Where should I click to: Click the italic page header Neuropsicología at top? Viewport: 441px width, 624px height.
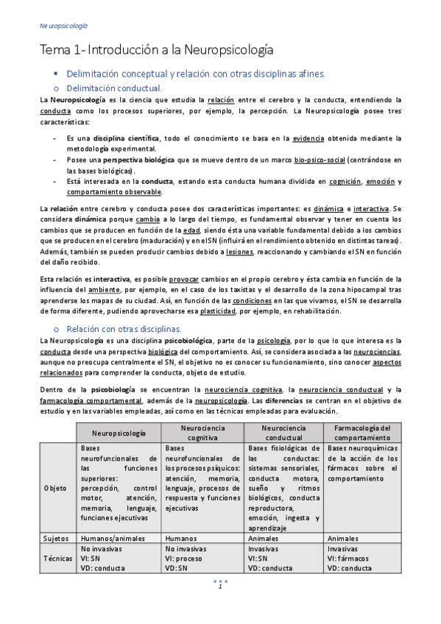pos(63,26)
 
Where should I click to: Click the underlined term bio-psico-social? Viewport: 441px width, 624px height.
pos(319,160)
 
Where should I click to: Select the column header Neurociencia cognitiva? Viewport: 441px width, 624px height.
pos(202,432)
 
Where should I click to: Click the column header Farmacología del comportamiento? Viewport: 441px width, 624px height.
pos(361,432)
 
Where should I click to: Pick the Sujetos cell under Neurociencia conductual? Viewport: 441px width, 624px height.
pos(265,538)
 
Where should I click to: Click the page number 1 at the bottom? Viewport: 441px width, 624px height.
pos(219,586)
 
